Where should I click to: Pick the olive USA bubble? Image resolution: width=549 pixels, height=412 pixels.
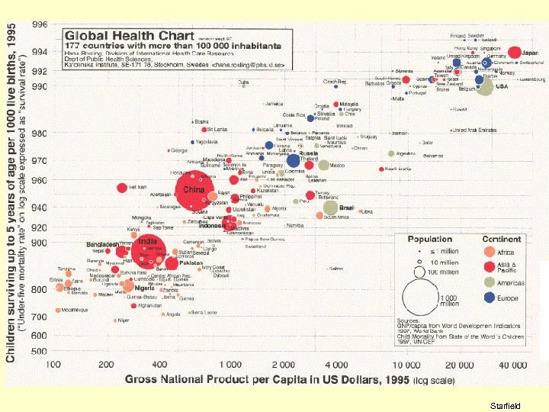(x=485, y=86)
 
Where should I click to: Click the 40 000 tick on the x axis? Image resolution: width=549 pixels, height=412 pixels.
(x=514, y=364)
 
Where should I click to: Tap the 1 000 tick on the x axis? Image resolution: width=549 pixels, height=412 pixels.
(x=229, y=364)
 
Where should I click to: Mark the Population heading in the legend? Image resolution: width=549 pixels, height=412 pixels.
(x=429, y=239)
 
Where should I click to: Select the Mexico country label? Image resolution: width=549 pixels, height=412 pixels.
(x=337, y=165)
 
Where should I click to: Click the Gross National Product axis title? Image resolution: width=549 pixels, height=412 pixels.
(x=290, y=379)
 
